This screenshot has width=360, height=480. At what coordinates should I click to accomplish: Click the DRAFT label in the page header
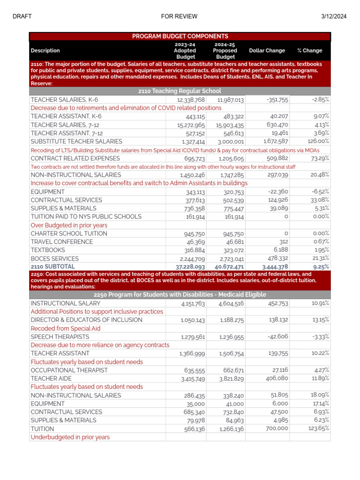pyautogui.click(x=22, y=16)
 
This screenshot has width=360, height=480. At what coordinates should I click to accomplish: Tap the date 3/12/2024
pyautogui.click(x=334, y=16)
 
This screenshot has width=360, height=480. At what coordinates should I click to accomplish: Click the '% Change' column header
pyautogui.click(x=309, y=51)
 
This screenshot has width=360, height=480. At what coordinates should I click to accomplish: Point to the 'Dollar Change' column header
pyautogui.click(x=267, y=51)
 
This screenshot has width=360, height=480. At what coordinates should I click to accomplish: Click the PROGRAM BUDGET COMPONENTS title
pyautogui.click(x=180, y=36)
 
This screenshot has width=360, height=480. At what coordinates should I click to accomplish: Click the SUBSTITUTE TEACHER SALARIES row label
pyautogui.click(x=76, y=142)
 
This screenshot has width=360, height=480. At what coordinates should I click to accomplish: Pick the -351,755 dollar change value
pyautogui.click(x=277, y=100)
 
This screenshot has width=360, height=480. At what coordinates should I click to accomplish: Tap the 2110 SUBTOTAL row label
pyautogui.click(x=52, y=266)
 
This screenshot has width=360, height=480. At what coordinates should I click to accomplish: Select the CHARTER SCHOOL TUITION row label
pyautogui.click(x=68, y=233)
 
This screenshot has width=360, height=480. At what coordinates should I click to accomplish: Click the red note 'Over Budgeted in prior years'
pyautogui.click(x=69, y=225)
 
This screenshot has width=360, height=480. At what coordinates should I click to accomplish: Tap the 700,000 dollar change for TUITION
pyautogui.click(x=277, y=429)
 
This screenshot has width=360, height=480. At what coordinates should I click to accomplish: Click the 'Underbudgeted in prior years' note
pyautogui.click(x=70, y=437)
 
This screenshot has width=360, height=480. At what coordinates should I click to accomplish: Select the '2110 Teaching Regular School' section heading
pyautogui.click(x=180, y=91)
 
